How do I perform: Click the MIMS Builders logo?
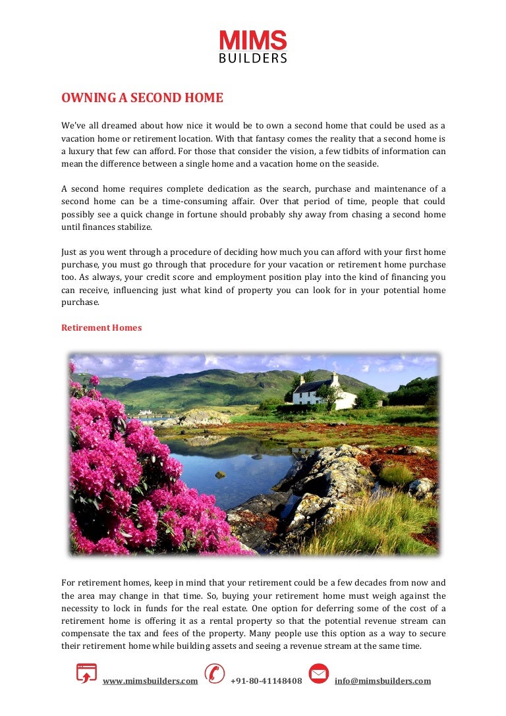pos(253,46)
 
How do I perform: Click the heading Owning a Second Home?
pos(142,98)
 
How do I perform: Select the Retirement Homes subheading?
pos(101,327)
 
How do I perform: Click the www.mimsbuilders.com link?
pos(150,681)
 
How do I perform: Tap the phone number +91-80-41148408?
pos(266,681)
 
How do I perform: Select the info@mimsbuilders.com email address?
pos(383,681)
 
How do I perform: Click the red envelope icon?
pos(319,674)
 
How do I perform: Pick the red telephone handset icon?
pos(214,674)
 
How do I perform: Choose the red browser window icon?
pos(86,674)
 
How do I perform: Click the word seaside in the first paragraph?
pos(362,164)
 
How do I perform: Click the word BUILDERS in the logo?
pos(253,58)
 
